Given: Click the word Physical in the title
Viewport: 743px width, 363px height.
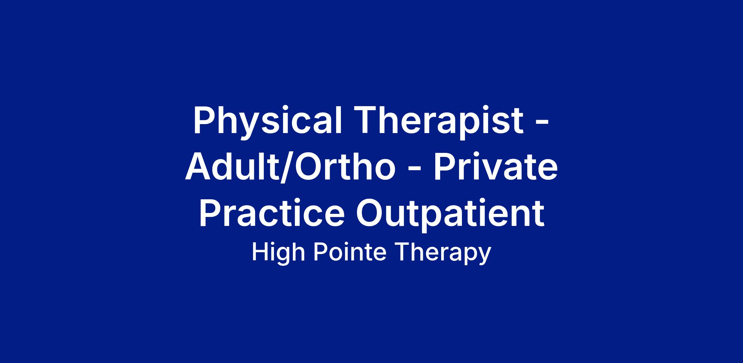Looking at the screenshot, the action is [268, 121].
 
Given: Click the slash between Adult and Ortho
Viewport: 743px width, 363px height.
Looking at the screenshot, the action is [287, 167].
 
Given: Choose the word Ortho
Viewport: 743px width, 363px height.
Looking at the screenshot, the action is [345, 166].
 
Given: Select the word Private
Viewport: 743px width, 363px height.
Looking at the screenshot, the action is [496, 166].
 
